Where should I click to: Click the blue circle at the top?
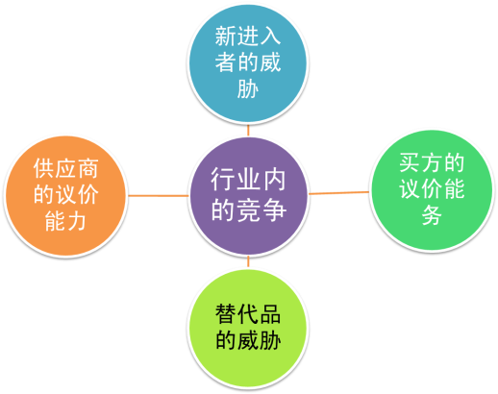point(247,63)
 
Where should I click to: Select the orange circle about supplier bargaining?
point(65,196)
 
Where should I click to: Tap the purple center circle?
point(248,196)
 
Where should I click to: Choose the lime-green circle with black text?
point(247,328)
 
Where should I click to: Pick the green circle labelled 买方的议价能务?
point(432,190)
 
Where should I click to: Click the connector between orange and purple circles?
point(159,195)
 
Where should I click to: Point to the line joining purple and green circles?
point(339,193)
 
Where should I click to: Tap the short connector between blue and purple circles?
point(248,131)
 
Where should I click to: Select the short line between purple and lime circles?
point(248,261)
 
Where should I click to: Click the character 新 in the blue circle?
point(226,37)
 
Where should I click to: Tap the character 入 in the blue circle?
point(270,37)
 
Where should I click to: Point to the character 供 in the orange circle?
point(43,168)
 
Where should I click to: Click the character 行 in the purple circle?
point(223,180)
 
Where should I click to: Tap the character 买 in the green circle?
point(410,162)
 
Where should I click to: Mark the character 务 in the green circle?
point(432,215)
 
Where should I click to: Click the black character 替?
point(226,314)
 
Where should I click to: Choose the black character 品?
point(270,314)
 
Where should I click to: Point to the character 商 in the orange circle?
point(87,168)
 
